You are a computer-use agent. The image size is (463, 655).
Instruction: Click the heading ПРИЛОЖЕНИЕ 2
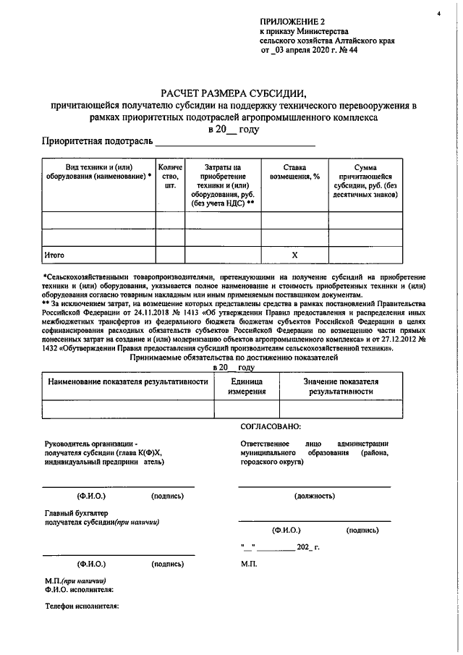292,22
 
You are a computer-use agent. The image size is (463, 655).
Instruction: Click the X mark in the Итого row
294,255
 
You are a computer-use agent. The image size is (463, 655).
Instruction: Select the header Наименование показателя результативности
128,382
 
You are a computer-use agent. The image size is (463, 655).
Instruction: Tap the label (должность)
315,496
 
